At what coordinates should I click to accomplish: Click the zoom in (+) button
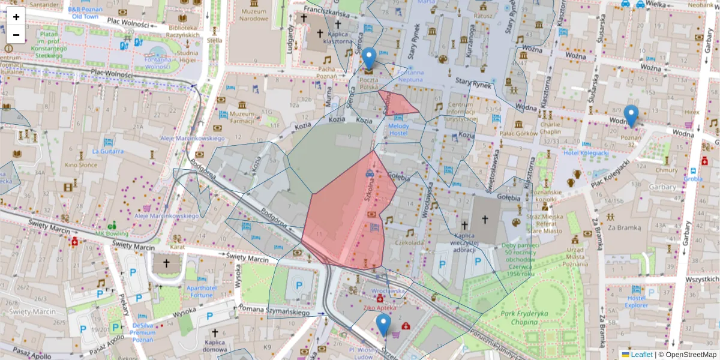tap(16, 17)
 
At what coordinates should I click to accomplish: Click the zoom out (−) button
tap(16, 35)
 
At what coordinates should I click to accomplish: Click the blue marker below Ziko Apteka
tap(383, 326)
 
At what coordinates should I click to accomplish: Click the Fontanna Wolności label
tap(158, 63)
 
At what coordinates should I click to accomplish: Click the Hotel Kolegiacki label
tap(585, 153)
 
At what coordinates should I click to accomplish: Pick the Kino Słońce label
tap(80, 164)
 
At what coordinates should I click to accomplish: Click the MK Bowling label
tap(112, 233)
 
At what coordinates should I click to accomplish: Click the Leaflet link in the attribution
tap(641, 355)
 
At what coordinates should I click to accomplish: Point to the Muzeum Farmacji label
tap(242, 118)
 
